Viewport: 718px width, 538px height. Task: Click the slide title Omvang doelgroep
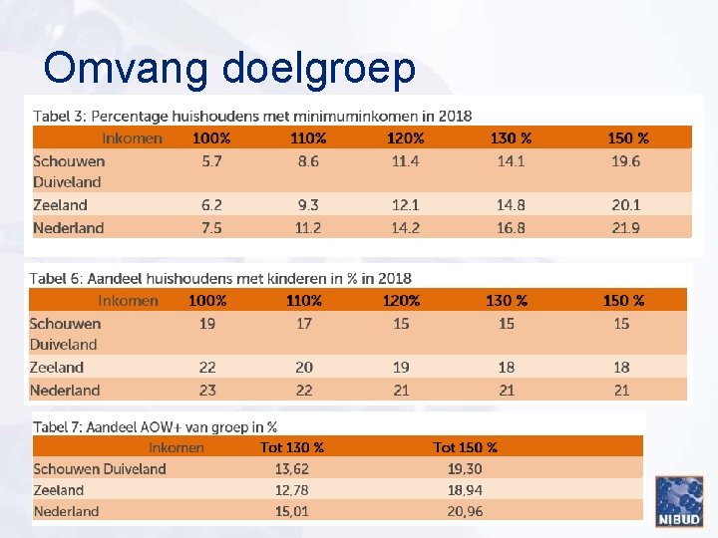click(229, 68)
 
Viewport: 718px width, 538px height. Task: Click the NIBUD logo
click(678, 500)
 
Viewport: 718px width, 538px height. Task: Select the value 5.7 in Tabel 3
click(211, 160)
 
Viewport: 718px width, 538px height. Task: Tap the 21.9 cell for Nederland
click(626, 227)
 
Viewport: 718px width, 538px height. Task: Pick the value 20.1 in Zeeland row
click(626, 204)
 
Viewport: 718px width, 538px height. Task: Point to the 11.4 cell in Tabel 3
click(405, 160)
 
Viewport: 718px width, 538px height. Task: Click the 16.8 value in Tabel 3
click(511, 227)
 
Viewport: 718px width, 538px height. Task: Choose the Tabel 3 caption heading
click(252, 116)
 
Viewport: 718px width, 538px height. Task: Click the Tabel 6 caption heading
click(220, 278)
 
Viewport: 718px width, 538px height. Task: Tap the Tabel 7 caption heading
click(155, 426)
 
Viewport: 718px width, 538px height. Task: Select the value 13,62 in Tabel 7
click(291, 468)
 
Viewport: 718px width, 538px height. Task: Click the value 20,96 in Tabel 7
click(465, 511)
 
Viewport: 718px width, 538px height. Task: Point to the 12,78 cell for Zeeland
click(291, 490)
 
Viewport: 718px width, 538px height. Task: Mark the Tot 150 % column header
click(465, 447)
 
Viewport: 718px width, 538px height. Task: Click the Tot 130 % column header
click(291, 447)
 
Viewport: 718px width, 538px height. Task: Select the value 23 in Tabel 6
click(207, 390)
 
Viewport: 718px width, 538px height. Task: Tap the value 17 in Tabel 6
click(304, 323)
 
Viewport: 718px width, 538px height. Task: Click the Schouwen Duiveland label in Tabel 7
click(100, 468)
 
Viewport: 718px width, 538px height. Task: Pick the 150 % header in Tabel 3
click(627, 137)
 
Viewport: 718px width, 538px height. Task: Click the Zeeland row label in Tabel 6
click(57, 367)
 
